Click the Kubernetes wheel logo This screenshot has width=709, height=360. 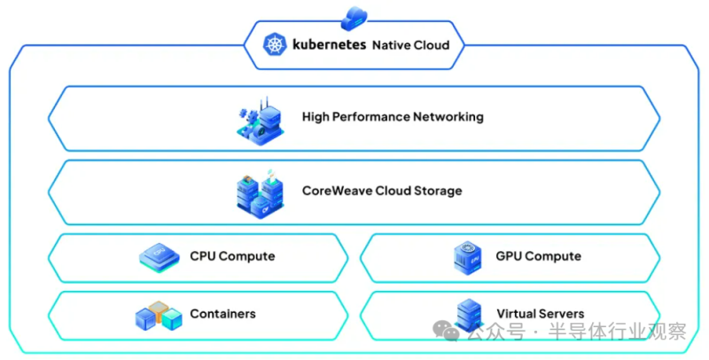pyautogui.click(x=274, y=44)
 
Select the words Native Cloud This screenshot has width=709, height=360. pyautogui.click(x=410, y=44)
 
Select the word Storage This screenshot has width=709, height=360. pyautogui.click(x=437, y=191)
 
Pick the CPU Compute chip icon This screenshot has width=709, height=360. pyautogui.click(x=160, y=257)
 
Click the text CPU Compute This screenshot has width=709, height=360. pyautogui.click(x=232, y=256)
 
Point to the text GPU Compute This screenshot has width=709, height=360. pyautogui.click(x=539, y=256)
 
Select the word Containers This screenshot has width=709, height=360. pyautogui.click(x=222, y=314)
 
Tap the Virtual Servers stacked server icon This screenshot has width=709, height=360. pyautogui.click(x=468, y=315)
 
